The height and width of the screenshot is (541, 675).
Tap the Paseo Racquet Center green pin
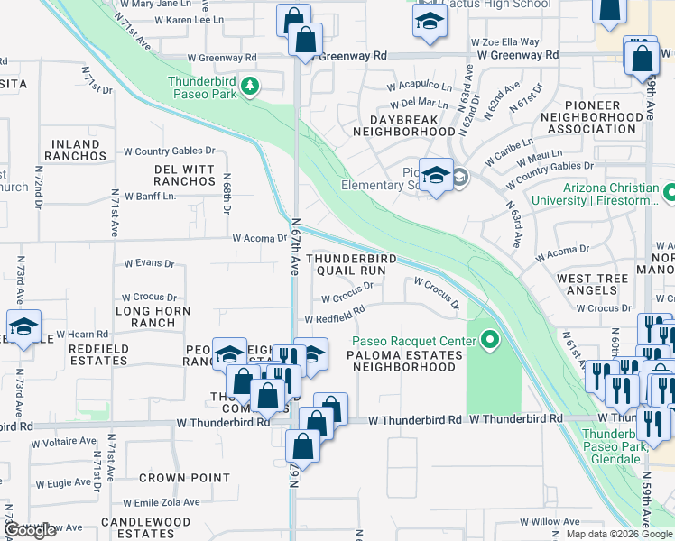pyautogui.click(x=490, y=340)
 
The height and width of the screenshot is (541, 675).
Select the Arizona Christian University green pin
pyautogui.click(x=669, y=194)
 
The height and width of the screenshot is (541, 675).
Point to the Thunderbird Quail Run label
pyautogui.click(x=352, y=263)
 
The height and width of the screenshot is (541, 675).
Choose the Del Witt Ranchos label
pyautogui.click(x=185, y=175)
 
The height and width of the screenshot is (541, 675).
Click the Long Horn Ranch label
pyautogui.click(x=153, y=316)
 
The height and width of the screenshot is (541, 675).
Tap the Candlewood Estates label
pyautogui.click(x=146, y=527)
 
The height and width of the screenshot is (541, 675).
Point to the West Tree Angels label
pyautogui.click(x=592, y=285)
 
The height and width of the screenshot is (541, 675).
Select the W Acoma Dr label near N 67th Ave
pyautogui.click(x=259, y=238)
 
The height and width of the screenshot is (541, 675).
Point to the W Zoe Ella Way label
pyautogui.click(x=504, y=41)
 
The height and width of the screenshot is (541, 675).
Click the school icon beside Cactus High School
pyautogui.click(x=430, y=23)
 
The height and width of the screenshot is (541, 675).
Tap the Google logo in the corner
pyautogui.click(x=30, y=530)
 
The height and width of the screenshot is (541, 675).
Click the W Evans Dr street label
pyautogui.click(x=147, y=263)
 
